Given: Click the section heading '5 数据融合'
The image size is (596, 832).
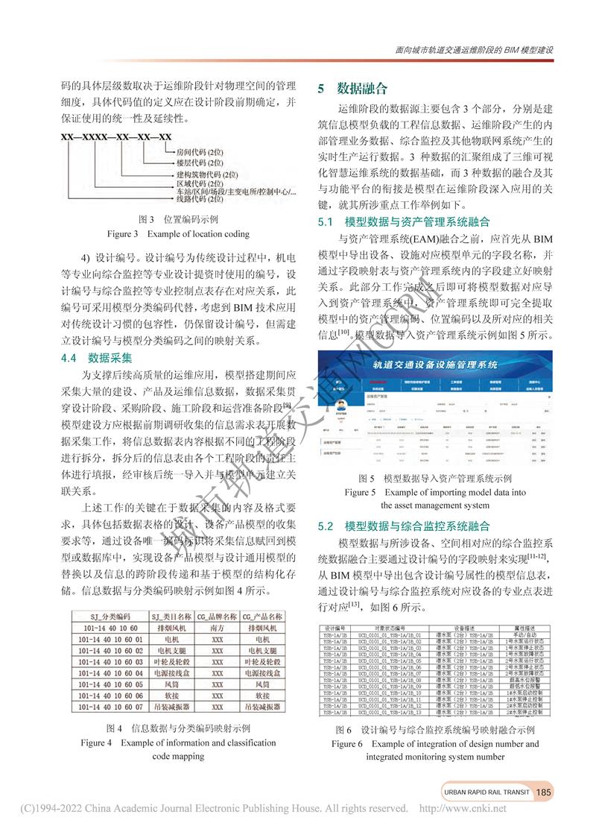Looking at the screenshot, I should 352,89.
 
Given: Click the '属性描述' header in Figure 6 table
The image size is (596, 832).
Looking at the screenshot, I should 526,629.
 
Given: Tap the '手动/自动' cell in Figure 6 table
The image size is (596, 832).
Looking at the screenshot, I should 526,635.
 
